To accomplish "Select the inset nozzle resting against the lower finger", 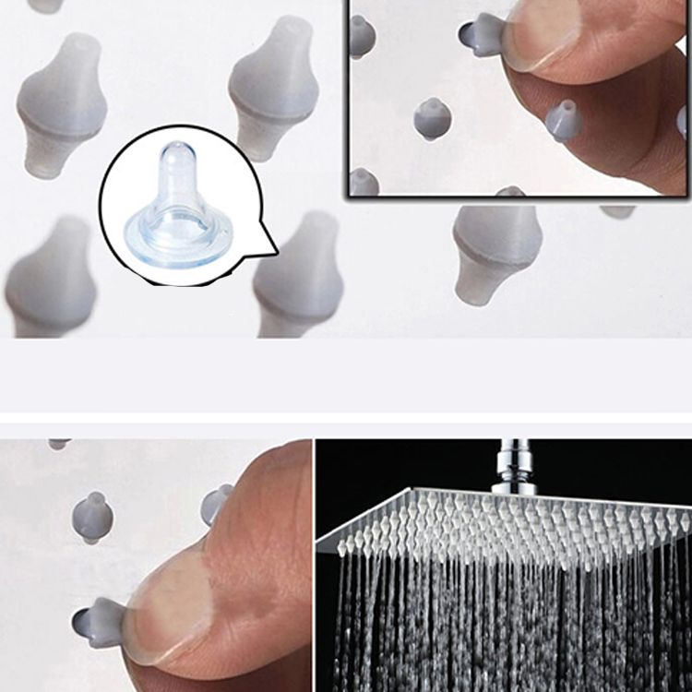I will tap(564, 120).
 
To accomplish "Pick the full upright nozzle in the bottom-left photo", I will tap(92, 517).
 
